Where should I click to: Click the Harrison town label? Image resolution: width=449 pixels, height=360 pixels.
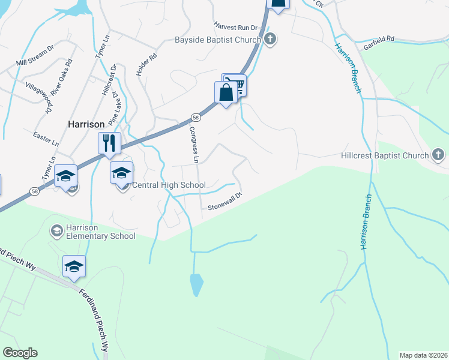pyautogui.click(x=86, y=124)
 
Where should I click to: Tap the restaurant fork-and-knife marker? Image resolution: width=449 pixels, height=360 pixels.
pyautogui.click(x=109, y=143)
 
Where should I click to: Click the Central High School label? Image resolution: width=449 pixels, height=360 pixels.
pyautogui.click(x=168, y=185)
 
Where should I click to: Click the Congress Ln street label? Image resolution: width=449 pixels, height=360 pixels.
pyautogui.click(x=193, y=145)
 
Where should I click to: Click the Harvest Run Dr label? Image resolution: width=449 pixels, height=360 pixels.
pyautogui.click(x=236, y=27)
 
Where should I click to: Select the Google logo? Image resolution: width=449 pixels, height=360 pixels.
pyautogui.click(x=20, y=353)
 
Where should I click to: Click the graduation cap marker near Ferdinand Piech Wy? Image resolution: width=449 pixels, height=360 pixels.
pyautogui.click(x=74, y=266)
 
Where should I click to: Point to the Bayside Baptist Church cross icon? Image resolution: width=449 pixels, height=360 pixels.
pyautogui.click(x=270, y=40)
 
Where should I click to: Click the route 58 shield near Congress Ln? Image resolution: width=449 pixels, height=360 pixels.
pyautogui.click(x=196, y=118)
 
